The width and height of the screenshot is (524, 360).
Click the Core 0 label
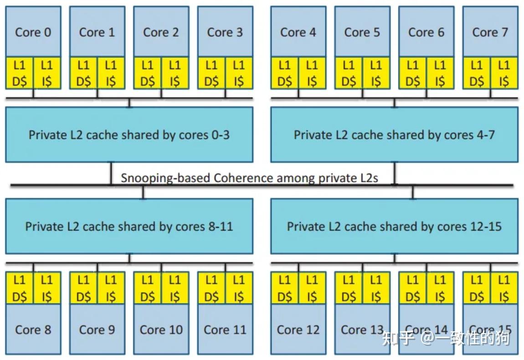(33, 32)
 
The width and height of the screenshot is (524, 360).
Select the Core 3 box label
(225, 32)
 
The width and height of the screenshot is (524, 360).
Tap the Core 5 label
(362, 32)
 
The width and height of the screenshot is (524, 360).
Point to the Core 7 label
(490, 32)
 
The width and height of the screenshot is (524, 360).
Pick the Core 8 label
(33, 329)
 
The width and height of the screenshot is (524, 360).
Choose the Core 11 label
(225, 329)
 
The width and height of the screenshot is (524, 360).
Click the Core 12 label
(298, 329)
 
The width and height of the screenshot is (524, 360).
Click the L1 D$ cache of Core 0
(20, 73)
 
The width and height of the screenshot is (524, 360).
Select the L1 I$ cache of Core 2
(175, 73)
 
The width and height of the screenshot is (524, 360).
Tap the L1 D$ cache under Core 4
(285, 73)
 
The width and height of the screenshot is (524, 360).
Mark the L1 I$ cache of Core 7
(504, 73)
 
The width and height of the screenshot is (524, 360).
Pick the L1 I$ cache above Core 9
(111, 288)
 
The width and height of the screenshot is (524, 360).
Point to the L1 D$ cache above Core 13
(349, 288)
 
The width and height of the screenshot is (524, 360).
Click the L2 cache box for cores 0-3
(129, 135)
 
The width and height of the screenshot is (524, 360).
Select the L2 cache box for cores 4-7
(394, 135)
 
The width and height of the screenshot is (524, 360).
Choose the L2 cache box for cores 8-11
(129, 226)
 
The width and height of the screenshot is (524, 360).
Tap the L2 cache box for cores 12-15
(394, 226)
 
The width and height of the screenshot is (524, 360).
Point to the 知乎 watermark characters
(398, 338)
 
